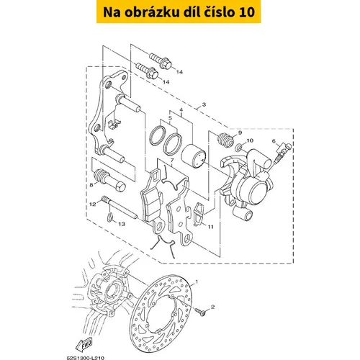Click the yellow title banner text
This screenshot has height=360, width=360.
tap(179, 12)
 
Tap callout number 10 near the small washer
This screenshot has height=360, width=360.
tap(250, 140)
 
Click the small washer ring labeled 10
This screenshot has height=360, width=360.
tap(238, 147)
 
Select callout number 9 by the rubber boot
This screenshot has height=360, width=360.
tap(240, 132)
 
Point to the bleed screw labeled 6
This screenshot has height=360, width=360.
tap(284, 152)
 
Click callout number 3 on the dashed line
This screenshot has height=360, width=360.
tap(204, 104)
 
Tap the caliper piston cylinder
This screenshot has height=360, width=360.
tap(193, 156)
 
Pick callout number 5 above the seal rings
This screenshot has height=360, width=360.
tap(170, 118)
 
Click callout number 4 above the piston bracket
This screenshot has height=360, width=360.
tap(181, 110)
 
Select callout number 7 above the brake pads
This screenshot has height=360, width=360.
tap(172, 161)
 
